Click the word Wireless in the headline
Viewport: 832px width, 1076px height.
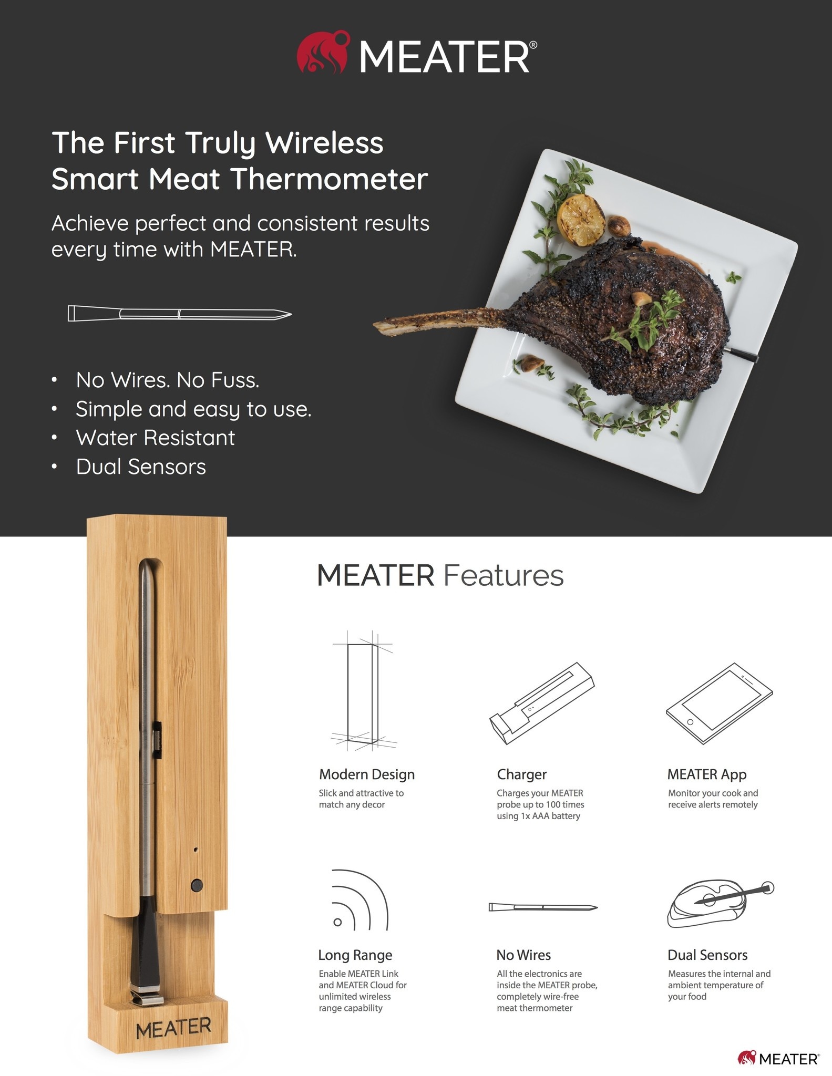coord(324,143)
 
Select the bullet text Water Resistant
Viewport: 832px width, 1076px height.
coord(155,438)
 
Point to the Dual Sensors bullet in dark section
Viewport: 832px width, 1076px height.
coord(141,467)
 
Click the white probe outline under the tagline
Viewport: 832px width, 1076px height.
coord(179,314)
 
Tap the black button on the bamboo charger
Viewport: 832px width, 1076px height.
coord(197,885)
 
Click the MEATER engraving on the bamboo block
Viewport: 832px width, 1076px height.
coord(173,1028)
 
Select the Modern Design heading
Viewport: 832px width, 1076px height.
coord(367,774)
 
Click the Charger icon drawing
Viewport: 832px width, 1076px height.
coord(542,703)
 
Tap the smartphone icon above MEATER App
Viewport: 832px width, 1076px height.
coord(719,703)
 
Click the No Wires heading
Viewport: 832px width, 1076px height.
coord(523,955)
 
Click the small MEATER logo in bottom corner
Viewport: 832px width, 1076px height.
coord(778,1058)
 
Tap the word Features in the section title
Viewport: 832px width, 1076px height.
coord(503,575)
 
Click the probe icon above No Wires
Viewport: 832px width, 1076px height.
coord(543,907)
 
